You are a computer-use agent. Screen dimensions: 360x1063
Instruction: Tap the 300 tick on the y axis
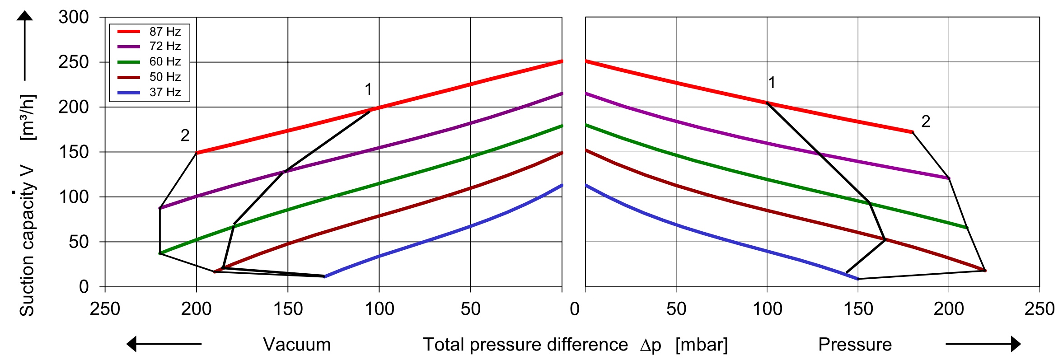[x=74, y=17]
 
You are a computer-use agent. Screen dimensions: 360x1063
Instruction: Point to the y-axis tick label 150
[x=74, y=152]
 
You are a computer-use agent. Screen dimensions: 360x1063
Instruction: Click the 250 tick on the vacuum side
[x=105, y=309]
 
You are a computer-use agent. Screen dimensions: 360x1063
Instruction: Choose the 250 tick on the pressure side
[x=1040, y=309]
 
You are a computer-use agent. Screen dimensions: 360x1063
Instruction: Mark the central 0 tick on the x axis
[x=574, y=309]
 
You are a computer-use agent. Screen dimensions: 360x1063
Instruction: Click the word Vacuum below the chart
[x=297, y=345]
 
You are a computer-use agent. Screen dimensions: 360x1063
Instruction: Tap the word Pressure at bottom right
[x=855, y=345]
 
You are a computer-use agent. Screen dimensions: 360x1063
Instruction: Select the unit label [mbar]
[x=702, y=345]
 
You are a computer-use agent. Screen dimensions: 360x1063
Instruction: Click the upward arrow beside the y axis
[x=25, y=45]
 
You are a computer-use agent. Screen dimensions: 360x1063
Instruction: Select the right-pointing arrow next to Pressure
[x=983, y=344]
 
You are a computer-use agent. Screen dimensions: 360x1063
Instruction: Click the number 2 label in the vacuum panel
[x=185, y=135]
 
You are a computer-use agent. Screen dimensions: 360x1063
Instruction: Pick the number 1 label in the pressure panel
[x=772, y=83]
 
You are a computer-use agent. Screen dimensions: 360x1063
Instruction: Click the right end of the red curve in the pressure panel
[x=913, y=132]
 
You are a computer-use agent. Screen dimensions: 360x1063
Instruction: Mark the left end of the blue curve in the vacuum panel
[x=325, y=276]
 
